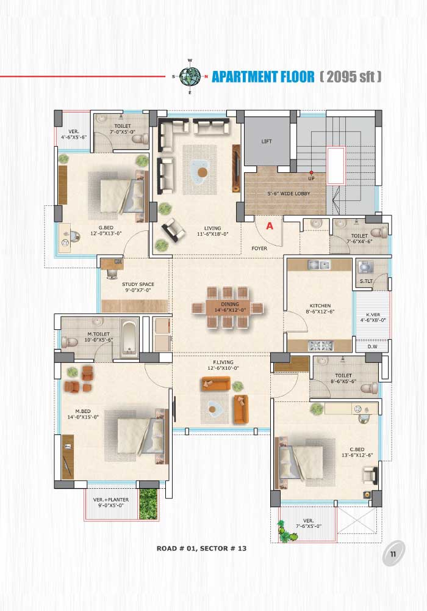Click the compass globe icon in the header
click(190, 76)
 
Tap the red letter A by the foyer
click(270, 226)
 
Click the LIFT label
click(267, 142)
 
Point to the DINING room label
click(230, 307)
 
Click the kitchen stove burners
click(320, 345)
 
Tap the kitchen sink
click(319, 265)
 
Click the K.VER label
click(373, 318)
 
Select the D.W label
click(373, 347)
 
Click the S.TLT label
click(366, 281)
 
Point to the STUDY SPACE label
click(138, 287)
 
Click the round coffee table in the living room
click(202, 172)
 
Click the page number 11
click(393, 554)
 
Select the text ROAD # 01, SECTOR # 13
click(201, 548)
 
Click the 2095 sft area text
click(350, 76)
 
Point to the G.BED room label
click(106, 231)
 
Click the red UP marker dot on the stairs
click(311, 172)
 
